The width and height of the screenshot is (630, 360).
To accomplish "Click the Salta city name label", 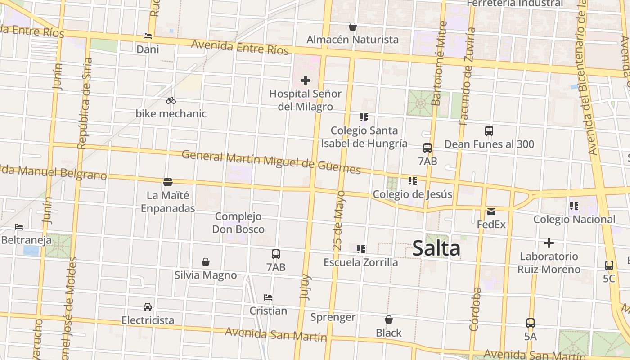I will pos(436,248).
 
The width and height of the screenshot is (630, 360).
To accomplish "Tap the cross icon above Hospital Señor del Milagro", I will pos(306,81).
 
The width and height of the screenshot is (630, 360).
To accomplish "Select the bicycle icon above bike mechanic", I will pos(171,100).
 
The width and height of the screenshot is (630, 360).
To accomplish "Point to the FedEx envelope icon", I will pos(491,211).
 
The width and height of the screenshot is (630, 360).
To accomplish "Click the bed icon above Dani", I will pos(148,36).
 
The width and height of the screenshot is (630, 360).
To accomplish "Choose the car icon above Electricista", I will pos(148,307).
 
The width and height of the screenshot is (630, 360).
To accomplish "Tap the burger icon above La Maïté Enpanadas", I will pos(168,182).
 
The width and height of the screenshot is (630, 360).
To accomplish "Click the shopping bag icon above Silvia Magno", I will pos(206,262).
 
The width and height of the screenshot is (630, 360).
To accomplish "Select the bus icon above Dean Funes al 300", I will pos(489,131).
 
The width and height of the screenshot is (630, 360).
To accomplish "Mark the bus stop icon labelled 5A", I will pos(531,323).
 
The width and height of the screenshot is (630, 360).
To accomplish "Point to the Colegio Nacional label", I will pos(574,220).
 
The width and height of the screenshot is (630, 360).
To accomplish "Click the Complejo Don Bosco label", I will pos(238,223).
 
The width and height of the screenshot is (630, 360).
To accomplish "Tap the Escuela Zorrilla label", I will pos(361,262).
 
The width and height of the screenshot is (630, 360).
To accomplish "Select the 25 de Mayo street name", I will pos(341,220).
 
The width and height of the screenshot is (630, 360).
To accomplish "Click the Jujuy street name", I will pos(305,286).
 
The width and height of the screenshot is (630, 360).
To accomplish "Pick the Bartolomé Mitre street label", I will pos(438,63).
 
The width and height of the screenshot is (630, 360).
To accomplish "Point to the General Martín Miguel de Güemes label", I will pos(271,162).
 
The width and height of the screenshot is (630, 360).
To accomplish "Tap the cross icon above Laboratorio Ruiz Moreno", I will pos(549,243).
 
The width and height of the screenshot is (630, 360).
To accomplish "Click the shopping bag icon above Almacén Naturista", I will pos(353,27).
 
